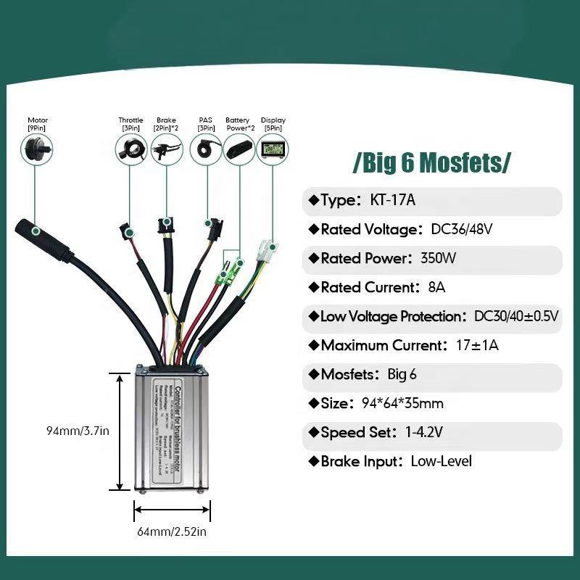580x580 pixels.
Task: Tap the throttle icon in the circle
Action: click(130, 149)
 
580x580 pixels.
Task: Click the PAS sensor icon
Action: click(205, 149)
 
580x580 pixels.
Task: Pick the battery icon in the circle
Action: click(237, 149)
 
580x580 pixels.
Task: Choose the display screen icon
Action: click(273, 149)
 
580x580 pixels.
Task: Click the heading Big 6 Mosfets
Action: click(431, 162)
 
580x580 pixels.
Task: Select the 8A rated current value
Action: click(436, 288)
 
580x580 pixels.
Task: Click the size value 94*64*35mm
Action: click(402, 404)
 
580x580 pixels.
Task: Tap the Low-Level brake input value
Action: click(441, 462)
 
